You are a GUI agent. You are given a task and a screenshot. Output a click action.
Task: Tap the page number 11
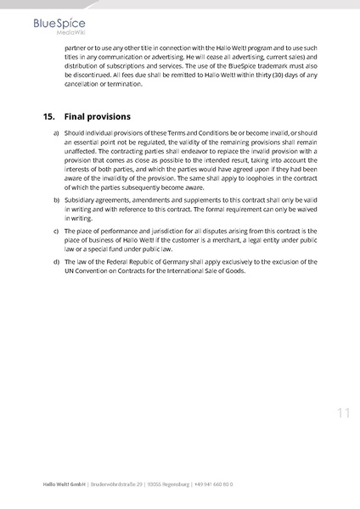(342, 413)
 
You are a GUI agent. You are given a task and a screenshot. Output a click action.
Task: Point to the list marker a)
(56, 134)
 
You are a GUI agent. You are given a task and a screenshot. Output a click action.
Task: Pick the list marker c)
(56, 230)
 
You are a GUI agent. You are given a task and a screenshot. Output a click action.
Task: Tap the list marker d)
(56, 261)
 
